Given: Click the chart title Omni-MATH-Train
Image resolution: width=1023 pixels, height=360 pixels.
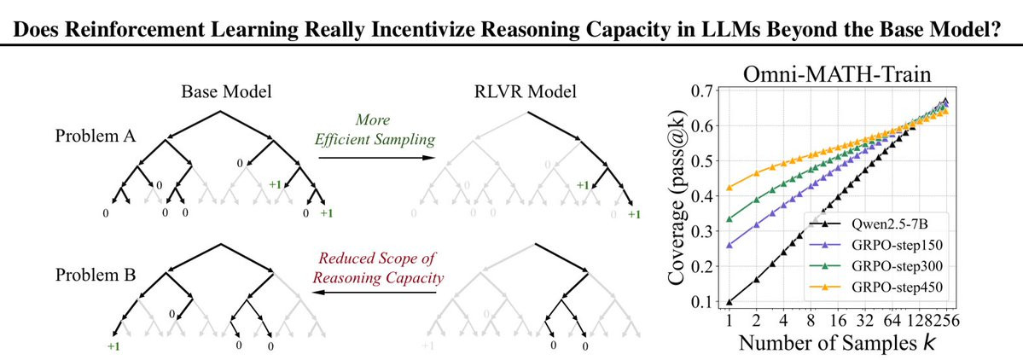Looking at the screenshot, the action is coord(836,73).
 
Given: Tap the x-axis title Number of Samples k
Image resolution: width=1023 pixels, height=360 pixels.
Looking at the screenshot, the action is coord(836,342).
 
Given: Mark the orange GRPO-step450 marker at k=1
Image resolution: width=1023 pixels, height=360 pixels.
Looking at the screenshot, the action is coord(729,188).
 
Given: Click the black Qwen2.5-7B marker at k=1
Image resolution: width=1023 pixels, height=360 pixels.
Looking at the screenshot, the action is coord(729,302).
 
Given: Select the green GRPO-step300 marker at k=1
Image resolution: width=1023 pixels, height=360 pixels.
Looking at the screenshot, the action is coord(729,218).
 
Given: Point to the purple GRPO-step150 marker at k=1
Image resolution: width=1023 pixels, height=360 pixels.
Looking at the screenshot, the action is coord(729,245).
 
